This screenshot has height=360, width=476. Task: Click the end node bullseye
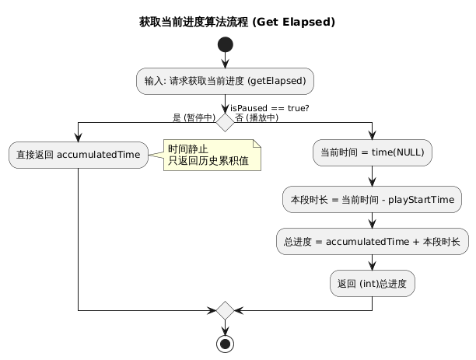225,343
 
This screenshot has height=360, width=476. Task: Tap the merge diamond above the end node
225,310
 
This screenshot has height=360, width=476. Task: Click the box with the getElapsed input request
225,81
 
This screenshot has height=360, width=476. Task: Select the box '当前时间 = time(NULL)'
373,155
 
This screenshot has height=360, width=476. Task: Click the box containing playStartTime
373,199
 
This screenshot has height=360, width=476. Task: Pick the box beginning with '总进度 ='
373,242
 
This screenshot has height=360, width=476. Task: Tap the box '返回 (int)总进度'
373,284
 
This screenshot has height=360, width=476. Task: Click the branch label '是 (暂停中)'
194,118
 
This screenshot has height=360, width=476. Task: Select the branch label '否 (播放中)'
257,118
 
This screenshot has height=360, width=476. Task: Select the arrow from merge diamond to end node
225,327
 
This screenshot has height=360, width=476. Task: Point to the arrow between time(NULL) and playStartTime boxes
373,177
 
